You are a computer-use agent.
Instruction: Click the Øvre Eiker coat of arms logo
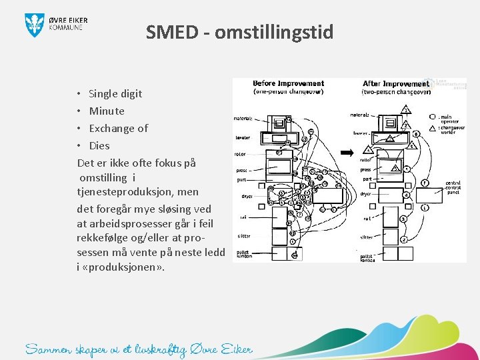point(35,24)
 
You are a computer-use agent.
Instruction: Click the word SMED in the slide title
point(171,32)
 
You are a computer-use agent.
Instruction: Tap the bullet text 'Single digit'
point(115,93)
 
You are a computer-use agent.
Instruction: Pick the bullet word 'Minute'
point(107,111)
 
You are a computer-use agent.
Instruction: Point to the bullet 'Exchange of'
point(119,128)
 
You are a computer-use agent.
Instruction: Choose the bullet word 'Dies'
point(99,145)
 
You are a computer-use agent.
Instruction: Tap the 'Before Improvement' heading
point(289,84)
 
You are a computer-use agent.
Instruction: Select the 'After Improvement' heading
point(396,84)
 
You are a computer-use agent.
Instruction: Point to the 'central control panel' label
point(453,187)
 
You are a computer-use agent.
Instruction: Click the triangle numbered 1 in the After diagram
point(406,109)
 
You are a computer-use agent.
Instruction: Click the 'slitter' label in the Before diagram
point(244,236)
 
